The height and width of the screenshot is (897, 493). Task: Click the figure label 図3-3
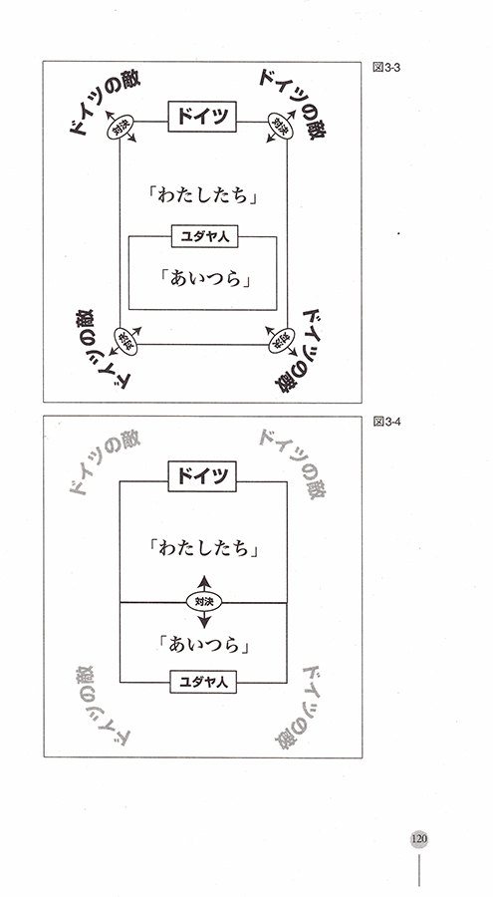point(385,67)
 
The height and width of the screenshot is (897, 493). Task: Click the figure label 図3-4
point(385,422)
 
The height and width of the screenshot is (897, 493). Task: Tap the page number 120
point(418,839)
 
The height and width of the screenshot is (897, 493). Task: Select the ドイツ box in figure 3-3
point(202,117)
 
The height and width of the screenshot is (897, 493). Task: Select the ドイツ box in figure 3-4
point(202,476)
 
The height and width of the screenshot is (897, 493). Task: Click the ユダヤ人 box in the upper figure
point(205,236)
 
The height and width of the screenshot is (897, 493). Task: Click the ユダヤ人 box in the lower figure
point(203,682)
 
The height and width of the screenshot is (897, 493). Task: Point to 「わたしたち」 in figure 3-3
point(203,196)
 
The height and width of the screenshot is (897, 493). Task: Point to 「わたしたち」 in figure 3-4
point(203,549)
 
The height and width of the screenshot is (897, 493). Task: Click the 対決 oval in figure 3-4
point(204,601)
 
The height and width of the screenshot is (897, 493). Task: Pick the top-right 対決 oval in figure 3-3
point(281,126)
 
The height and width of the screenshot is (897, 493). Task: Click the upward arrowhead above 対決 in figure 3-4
point(204,581)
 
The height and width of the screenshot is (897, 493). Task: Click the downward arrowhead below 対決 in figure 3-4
point(204,622)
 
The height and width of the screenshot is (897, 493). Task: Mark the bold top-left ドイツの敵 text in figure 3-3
point(103,102)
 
